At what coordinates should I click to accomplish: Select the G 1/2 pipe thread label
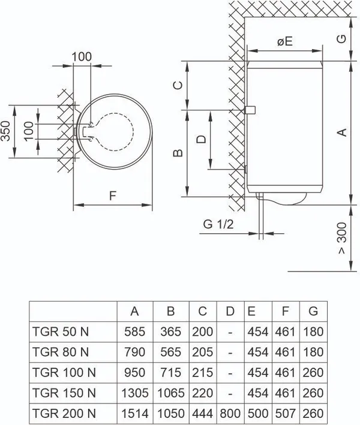click(218, 224)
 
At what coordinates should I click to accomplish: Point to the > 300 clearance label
click(341, 240)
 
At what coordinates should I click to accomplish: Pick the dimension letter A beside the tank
click(341, 131)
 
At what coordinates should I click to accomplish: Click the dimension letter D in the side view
click(202, 139)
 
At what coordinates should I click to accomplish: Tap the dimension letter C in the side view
click(177, 85)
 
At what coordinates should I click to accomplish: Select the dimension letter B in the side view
click(177, 153)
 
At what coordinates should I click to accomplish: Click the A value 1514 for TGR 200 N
click(135, 414)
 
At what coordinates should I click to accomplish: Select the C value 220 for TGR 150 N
click(203, 393)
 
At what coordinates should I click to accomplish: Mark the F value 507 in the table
click(285, 414)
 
